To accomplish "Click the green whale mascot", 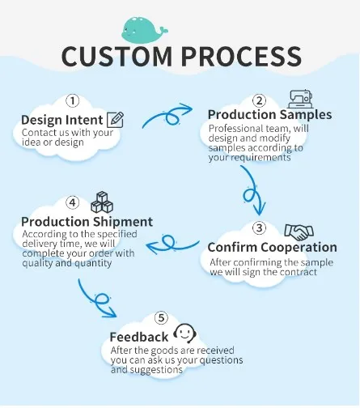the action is pos(144,30).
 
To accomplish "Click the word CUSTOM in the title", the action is pos(116,57).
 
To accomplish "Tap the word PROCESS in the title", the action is pos(241,57).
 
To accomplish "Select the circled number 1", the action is pos(72,101).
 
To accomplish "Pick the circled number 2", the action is pos(259,100).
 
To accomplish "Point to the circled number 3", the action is pos(259,227).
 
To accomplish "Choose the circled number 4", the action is pos(72,202).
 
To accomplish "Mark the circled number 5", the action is pos(161,317).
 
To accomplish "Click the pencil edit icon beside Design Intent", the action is pos(116,120).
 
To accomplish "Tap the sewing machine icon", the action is pos(300,99).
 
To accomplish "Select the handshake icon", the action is pos(299,232).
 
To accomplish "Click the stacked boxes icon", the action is pos(102,202).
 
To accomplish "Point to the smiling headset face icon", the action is pos(184,333).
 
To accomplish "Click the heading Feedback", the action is pos(139,337).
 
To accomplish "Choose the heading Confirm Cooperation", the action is pos(272,247).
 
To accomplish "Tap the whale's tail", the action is pos(163,29).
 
